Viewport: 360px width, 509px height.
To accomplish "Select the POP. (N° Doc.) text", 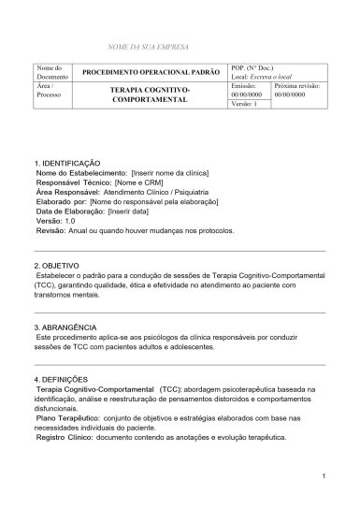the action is [253, 68].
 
